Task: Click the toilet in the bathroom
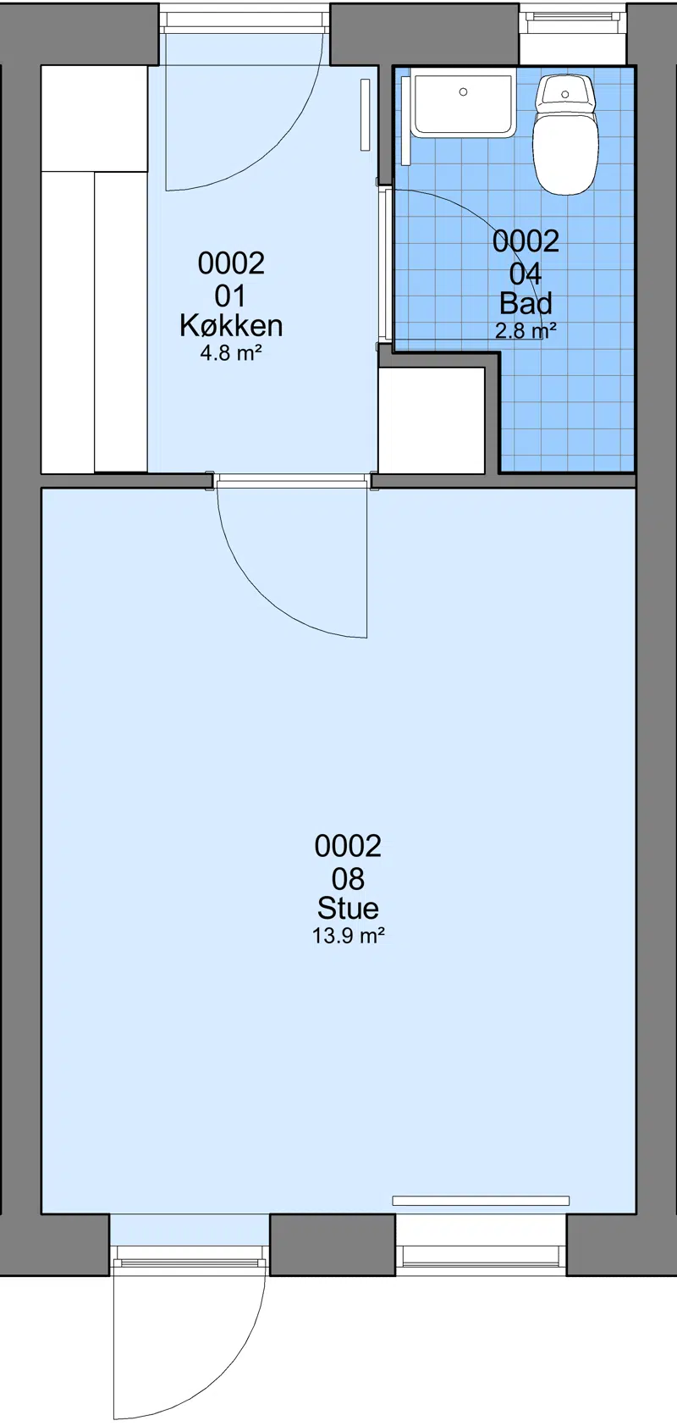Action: tap(565, 135)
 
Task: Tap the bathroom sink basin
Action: tap(463, 105)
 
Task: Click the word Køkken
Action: tap(231, 325)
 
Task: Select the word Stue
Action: tap(348, 908)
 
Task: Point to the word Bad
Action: tap(526, 303)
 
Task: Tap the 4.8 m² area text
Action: tap(231, 352)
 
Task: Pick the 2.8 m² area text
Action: tap(526, 330)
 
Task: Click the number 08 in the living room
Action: tap(348, 879)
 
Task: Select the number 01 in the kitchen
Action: tap(231, 296)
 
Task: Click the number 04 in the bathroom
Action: tap(526, 274)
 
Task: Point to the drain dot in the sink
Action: tap(463, 91)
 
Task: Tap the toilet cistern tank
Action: tap(565, 93)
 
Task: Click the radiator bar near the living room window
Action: tap(481, 1201)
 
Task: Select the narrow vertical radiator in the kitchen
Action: tap(366, 114)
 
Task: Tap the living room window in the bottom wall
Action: tap(481, 1254)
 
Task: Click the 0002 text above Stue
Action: tap(348, 845)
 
